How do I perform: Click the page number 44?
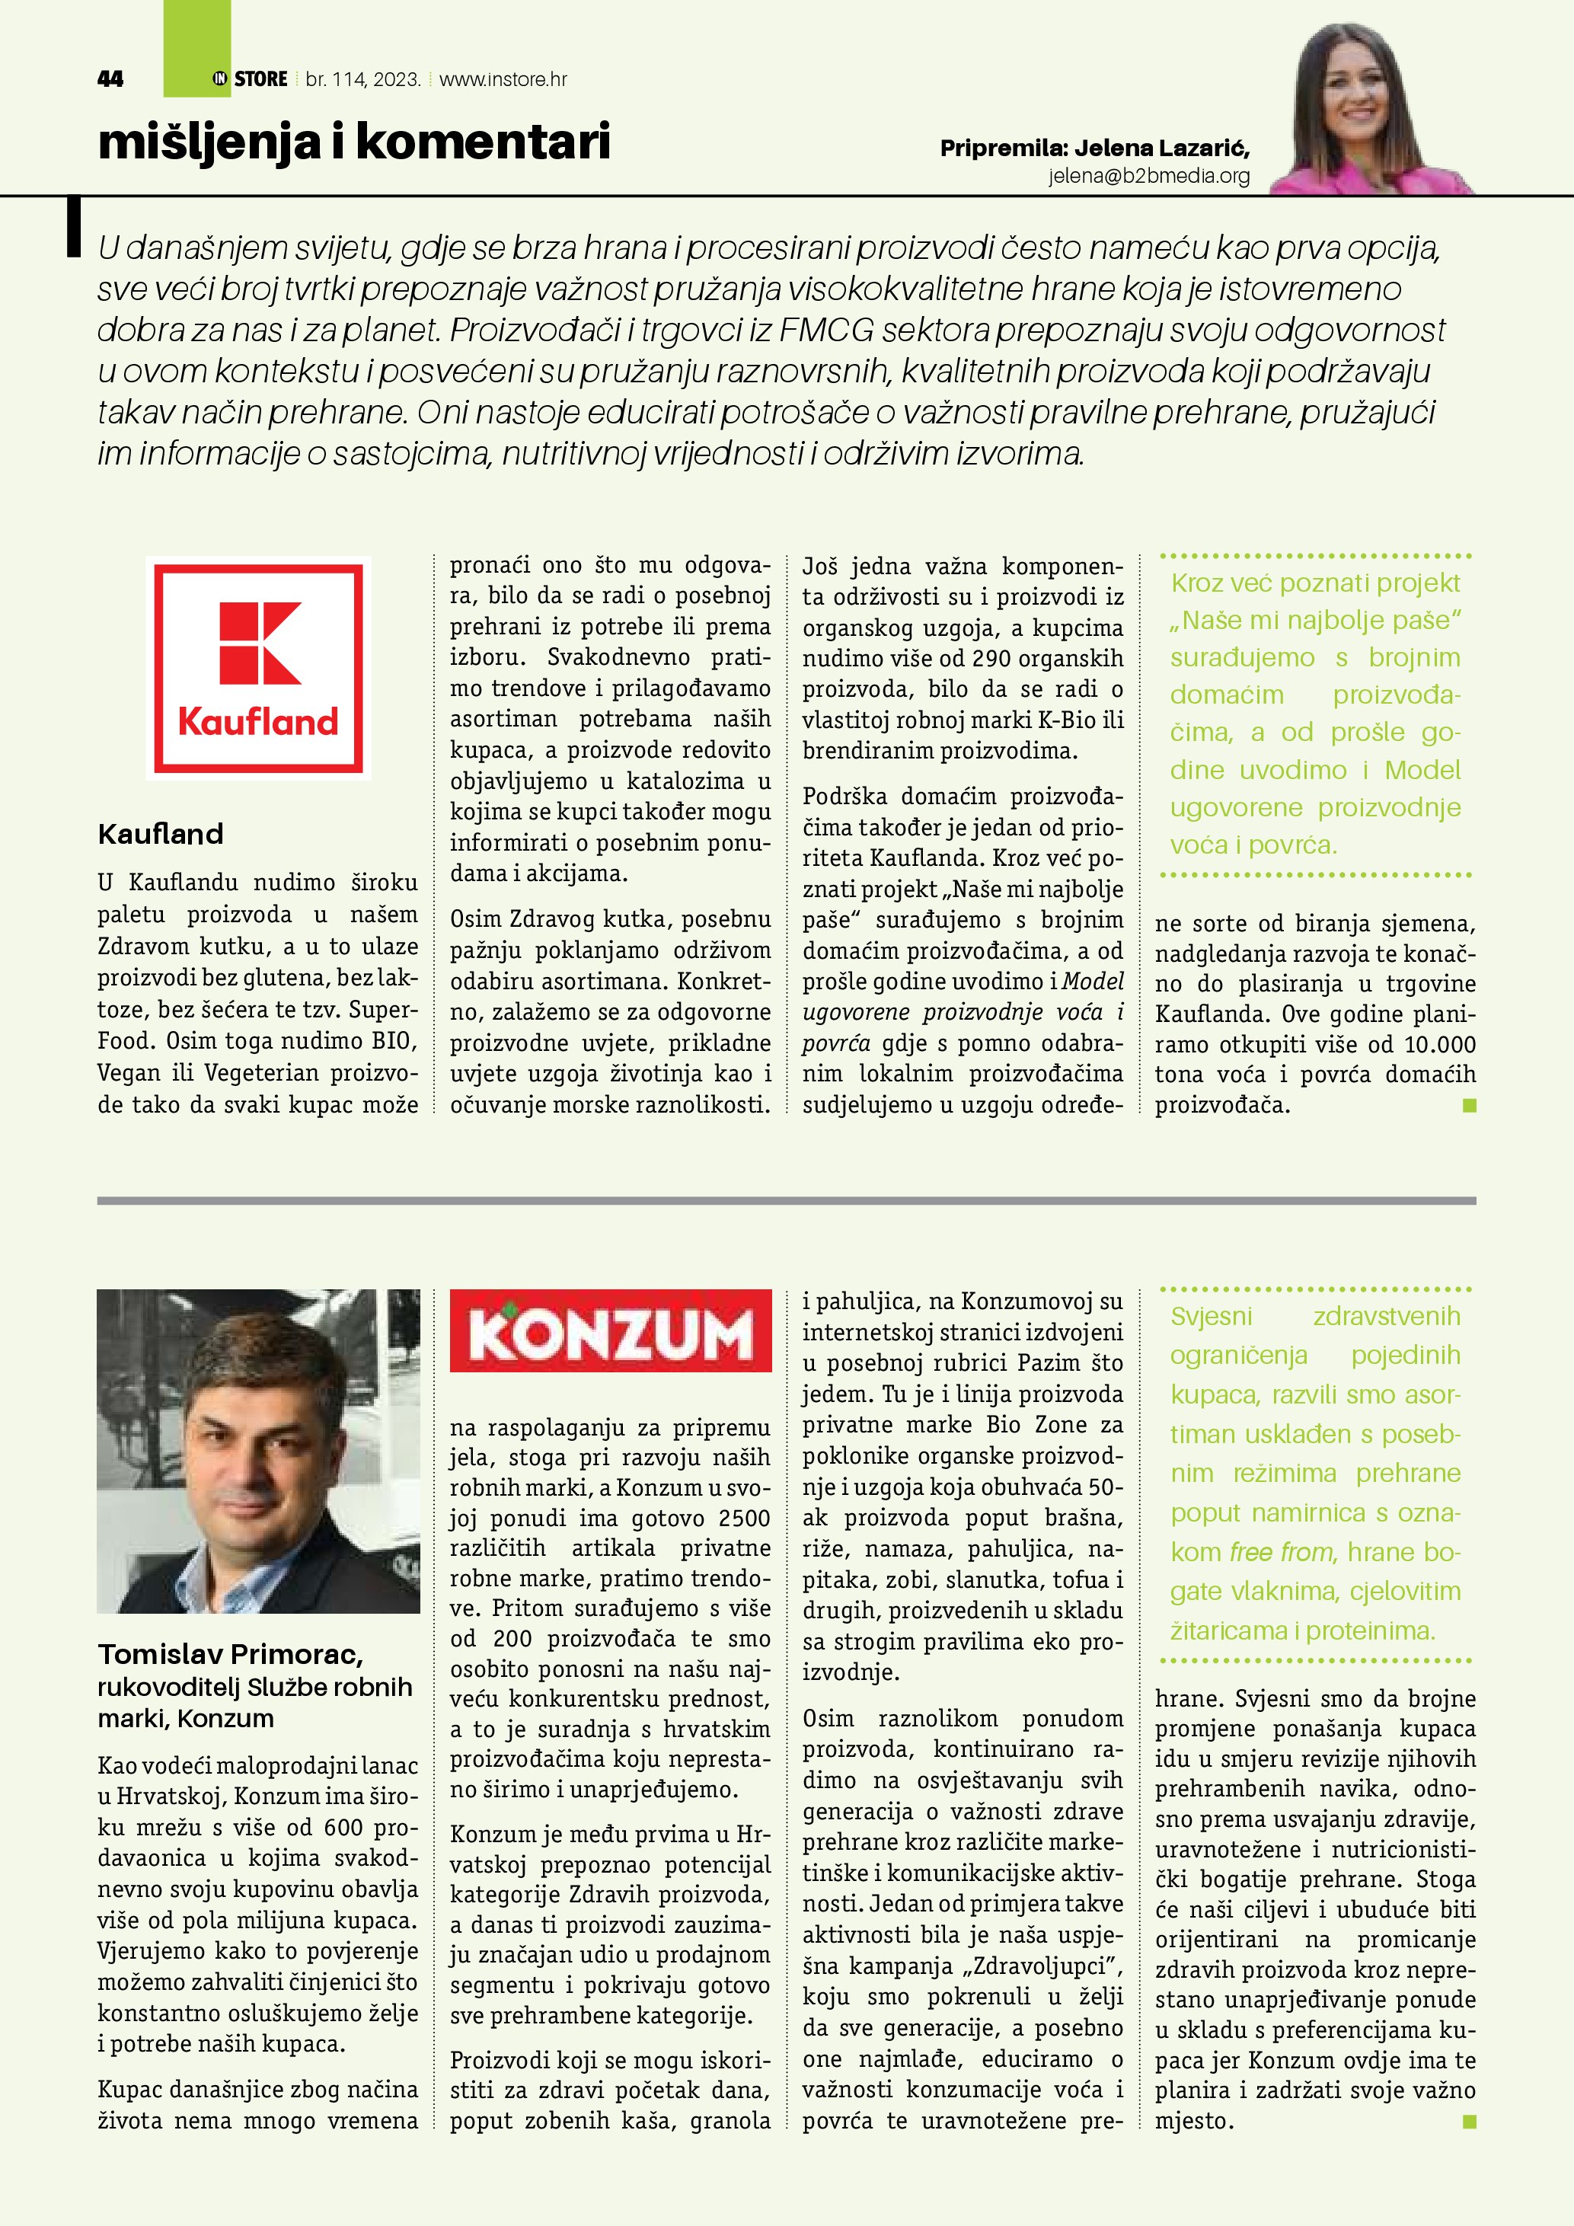tap(110, 79)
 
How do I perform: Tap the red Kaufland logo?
tap(259, 668)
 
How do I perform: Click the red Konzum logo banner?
tap(611, 1330)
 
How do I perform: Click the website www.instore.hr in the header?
tap(503, 79)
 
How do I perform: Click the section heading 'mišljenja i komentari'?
tap(354, 142)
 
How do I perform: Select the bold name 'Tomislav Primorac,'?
tap(230, 1655)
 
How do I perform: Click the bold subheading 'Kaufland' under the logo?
tap(160, 834)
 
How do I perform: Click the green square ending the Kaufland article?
tap(1470, 1105)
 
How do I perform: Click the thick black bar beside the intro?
tap(72, 227)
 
